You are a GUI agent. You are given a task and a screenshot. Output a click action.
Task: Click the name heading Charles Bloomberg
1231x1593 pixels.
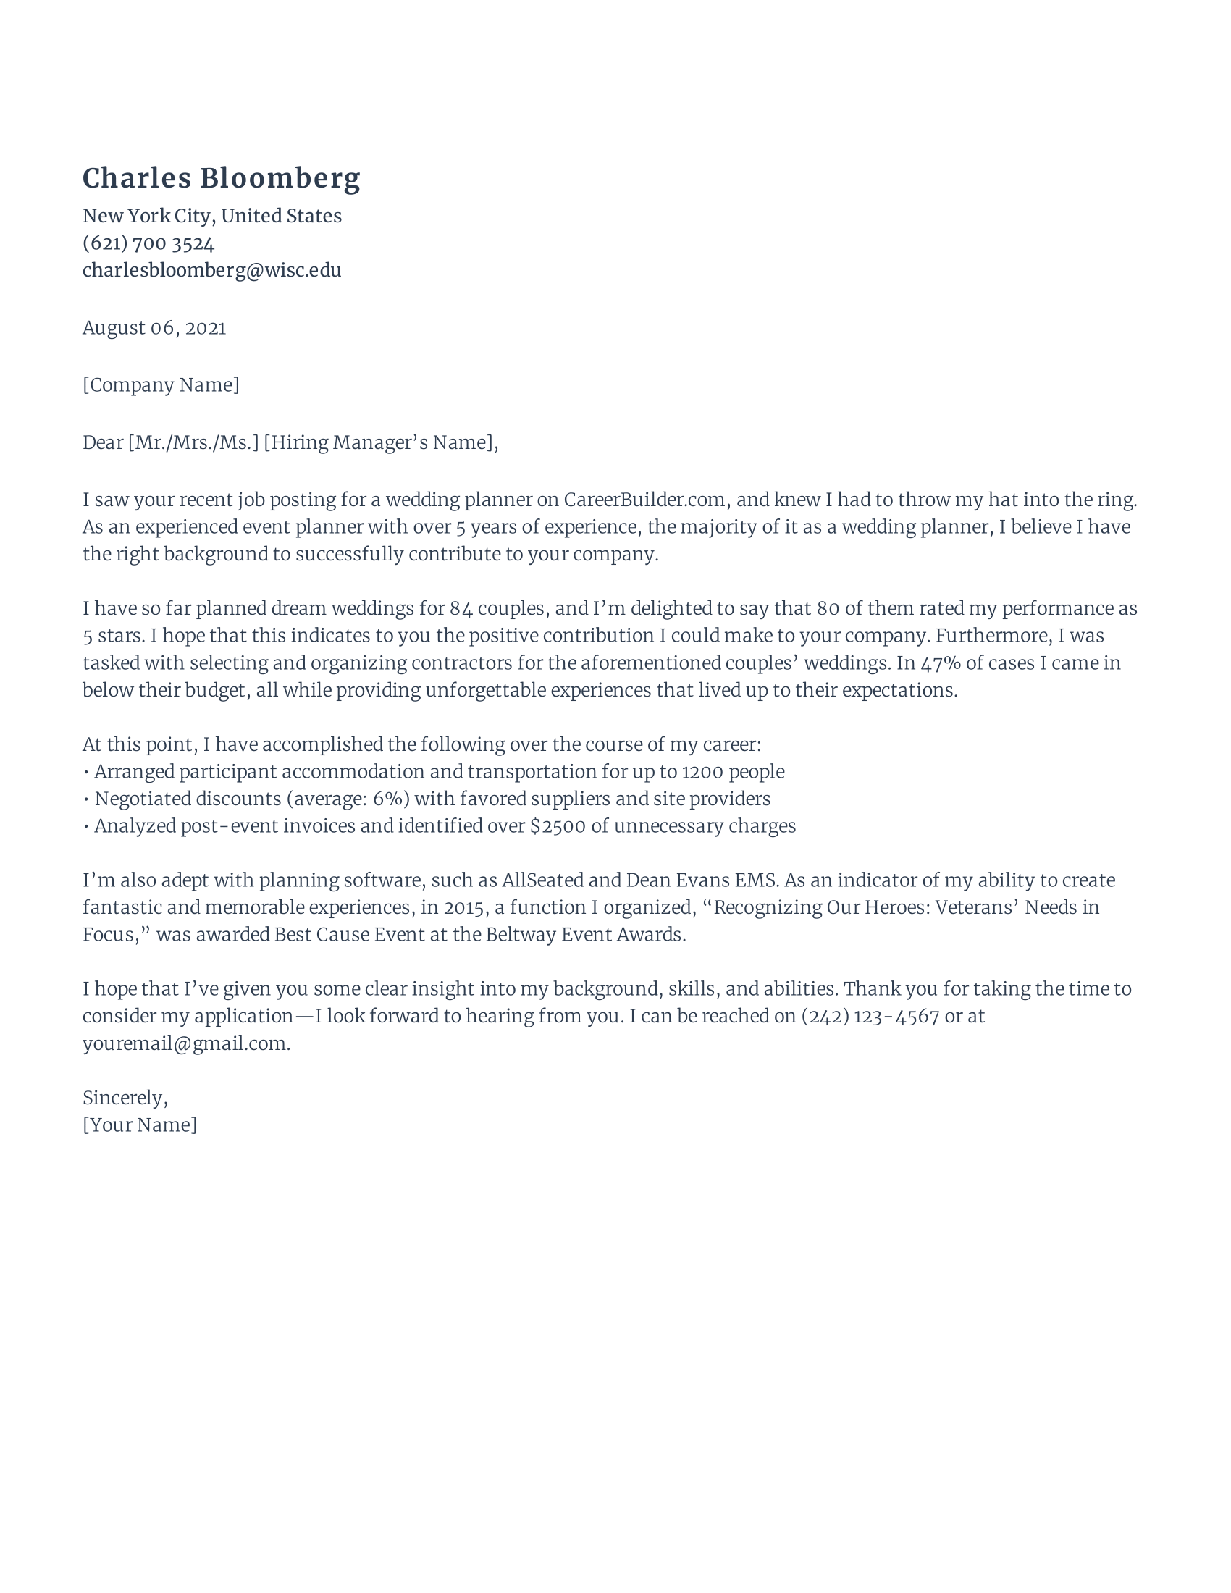click(221, 179)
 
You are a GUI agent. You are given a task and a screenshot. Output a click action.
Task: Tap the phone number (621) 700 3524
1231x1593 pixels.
click(148, 243)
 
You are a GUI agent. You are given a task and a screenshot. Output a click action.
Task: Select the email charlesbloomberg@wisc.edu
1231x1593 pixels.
click(211, 271)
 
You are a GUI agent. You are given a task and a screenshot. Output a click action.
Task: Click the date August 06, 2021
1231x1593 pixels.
click(154, 328)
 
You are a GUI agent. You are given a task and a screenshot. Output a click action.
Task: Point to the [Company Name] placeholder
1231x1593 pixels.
click(161, 385)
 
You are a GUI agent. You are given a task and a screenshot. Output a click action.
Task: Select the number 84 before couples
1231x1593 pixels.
click(461, 608)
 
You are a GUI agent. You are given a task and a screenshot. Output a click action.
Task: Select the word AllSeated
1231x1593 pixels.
click(542, 880)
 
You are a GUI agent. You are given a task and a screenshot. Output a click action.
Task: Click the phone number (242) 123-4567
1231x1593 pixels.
click(870, 1017)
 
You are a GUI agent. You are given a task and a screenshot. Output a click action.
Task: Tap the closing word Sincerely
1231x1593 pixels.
click(124, 1098)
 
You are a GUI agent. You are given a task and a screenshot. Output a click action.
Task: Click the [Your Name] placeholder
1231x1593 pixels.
click(139, 1125)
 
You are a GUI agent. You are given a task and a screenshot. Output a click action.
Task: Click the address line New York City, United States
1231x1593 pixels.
click(211, 216)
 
